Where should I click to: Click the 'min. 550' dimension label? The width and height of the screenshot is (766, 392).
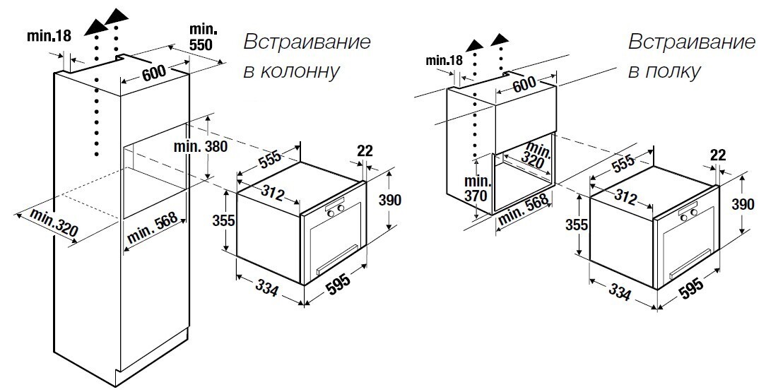(x=204, y=37)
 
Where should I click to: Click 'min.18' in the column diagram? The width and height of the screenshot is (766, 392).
(x=49, y=35)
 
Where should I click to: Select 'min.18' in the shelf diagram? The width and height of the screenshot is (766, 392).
(x=444, y=60)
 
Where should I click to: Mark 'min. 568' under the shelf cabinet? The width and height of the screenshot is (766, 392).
(x=524, y=211)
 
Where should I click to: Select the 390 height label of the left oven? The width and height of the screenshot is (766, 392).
(x=390, y=200)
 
